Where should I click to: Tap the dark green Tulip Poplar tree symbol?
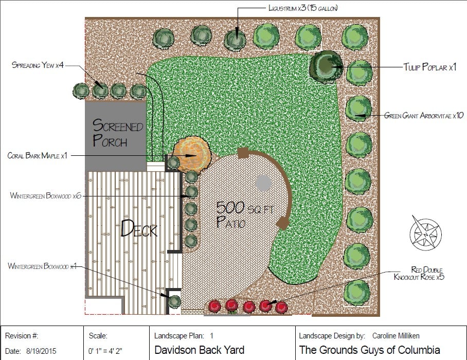(326, 66)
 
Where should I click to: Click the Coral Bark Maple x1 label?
(38, 155)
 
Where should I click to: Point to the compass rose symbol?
(425, 232)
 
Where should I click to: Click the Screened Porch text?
(117, 132)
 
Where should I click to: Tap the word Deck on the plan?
(139, 228)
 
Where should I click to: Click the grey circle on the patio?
(263, 183)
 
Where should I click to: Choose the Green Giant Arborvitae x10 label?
(424, 116)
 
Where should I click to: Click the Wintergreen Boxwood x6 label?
(46, 195)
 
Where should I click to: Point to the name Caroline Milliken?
(396, 336)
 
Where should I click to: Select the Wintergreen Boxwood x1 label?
(43, 266)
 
